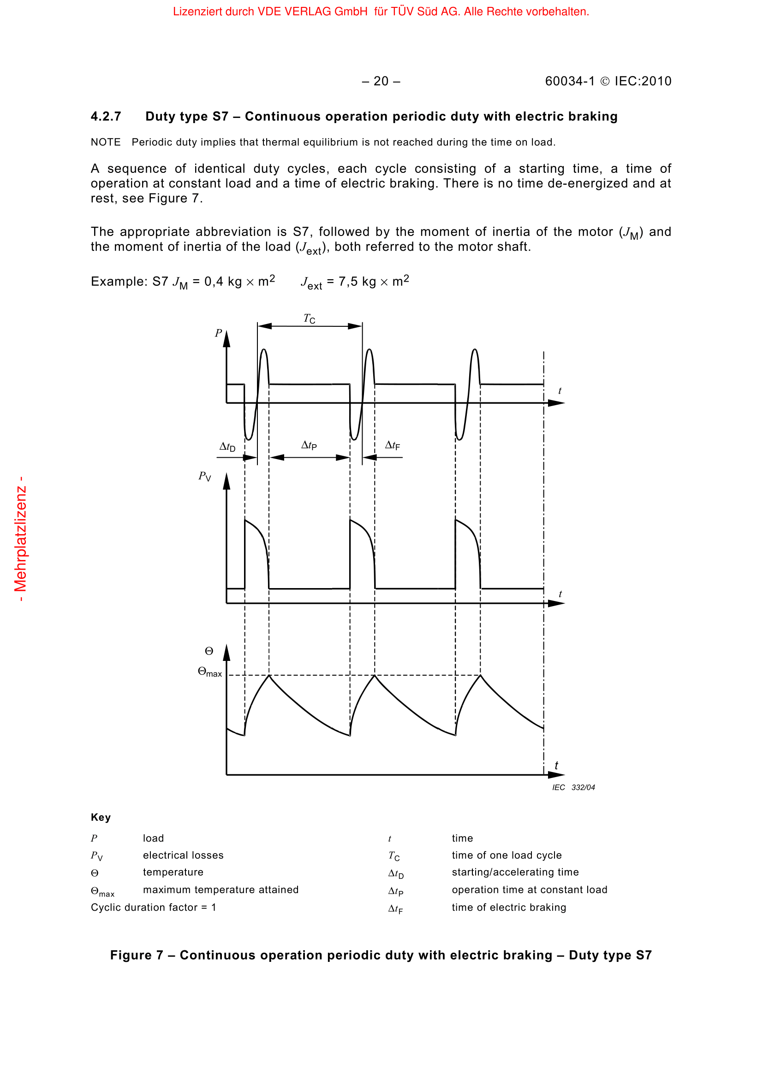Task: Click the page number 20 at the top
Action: [x=381, y=82]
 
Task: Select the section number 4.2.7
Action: [x=106, y=117]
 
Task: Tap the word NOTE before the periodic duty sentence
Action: [x=106, y=142]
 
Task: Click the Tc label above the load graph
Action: [x=309, y=319]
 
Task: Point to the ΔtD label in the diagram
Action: [x=227, y=447]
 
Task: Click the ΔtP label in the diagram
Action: [x=309, y=445]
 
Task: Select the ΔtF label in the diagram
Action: [x=392, y=445]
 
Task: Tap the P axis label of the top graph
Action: [x=219, y=333]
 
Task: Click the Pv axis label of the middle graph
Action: [x=204, y=477]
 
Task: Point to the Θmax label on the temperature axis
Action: [x=209, y=673]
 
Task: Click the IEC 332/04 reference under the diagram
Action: [x=573, y=787]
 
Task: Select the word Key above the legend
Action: [x=101, y=818]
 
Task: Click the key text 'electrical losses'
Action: [x=183, y=855]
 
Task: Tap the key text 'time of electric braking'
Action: [x=509, y=907]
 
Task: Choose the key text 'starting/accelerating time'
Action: [x=515, y=872]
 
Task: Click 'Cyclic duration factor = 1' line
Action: [x=154, y=907]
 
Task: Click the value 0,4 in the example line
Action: [x=214, y=282]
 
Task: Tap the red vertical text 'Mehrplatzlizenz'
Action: [x=20, y=539]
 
